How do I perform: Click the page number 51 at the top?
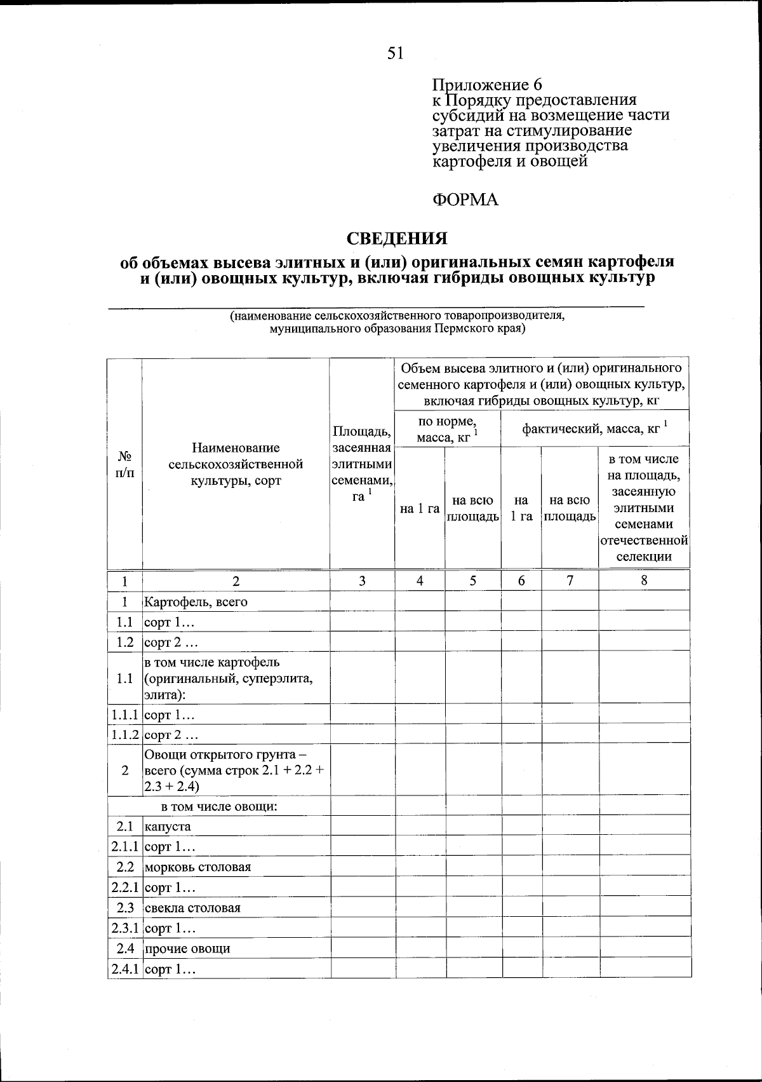pos(395,54)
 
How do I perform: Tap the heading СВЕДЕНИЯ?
pos(397,239)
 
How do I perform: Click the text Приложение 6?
pos(486,85)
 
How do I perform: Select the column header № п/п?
pos(125,464)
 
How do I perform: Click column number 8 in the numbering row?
pos(644,580)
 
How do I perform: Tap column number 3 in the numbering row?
pos(362,581)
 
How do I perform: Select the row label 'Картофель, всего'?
pos(196,601)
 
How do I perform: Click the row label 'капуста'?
pos(168,827)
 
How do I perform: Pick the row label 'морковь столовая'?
pos(197,867)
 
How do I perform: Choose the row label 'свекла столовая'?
pos(192,908)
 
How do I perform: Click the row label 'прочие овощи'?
pos(187,949)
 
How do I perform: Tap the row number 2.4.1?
pos(125,970)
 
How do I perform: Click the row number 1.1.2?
pos(125,734)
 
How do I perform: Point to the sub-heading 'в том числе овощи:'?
pos(220,807)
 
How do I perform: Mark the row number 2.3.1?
pos(125,928)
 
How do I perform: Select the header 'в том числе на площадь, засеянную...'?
pos(644,508)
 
